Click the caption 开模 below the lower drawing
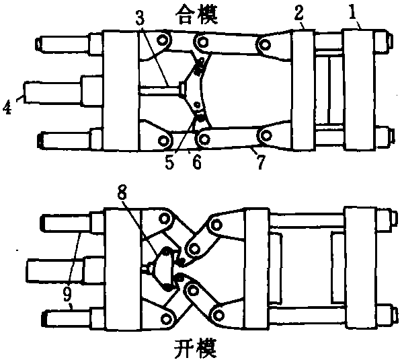(196, 349)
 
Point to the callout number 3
(140, 17)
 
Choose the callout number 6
(197, 161)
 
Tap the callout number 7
(260, 161)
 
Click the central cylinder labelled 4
(53, 92)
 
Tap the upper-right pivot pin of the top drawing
(266, 46)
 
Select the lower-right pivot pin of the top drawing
(266, 135)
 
